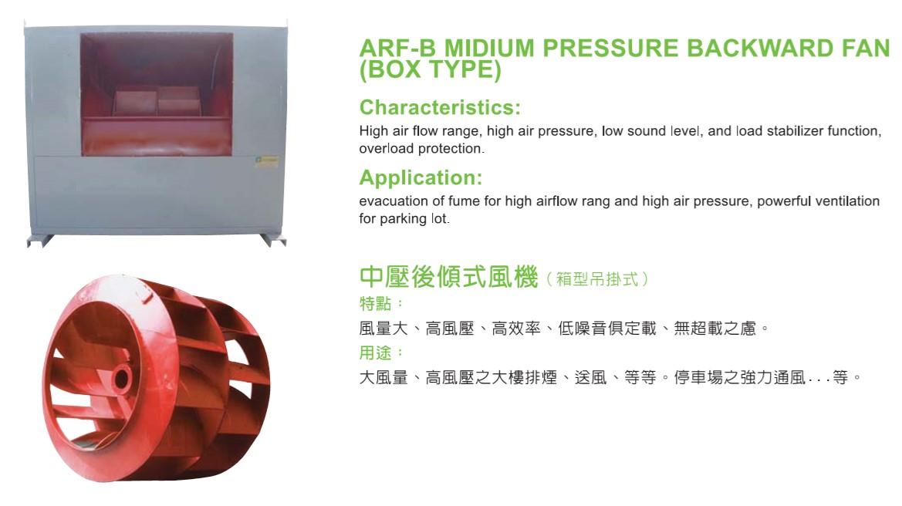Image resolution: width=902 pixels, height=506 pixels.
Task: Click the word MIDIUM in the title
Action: click(x=489, y=49)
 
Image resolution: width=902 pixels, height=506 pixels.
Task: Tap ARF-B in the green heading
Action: click(x=397, y=49)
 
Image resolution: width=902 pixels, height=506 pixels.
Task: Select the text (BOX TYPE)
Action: click(x=431, y=69)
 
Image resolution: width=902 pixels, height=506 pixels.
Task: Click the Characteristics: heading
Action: click(x=440, y=107)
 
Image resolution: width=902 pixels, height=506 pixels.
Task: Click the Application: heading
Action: click(x=421, y=177)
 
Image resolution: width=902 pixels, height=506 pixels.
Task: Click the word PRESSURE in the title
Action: click(x=610, y=49)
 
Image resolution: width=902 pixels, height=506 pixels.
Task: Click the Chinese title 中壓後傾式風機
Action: click(x=449, y=277)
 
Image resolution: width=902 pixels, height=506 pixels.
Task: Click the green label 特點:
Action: click(x=382, y=303)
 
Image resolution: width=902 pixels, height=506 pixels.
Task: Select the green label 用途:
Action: click(x=382, y=353)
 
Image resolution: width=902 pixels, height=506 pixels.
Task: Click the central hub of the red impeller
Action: click(x=122, y=379)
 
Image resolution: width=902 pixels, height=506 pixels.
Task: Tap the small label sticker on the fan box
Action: click(x=266, y=160)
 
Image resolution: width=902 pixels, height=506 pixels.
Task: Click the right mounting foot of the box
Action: click(x=272, y=240)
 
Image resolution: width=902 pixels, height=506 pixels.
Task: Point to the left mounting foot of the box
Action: click(x=40, y=241)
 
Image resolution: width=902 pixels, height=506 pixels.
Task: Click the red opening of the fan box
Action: click(x=157, y=94)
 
